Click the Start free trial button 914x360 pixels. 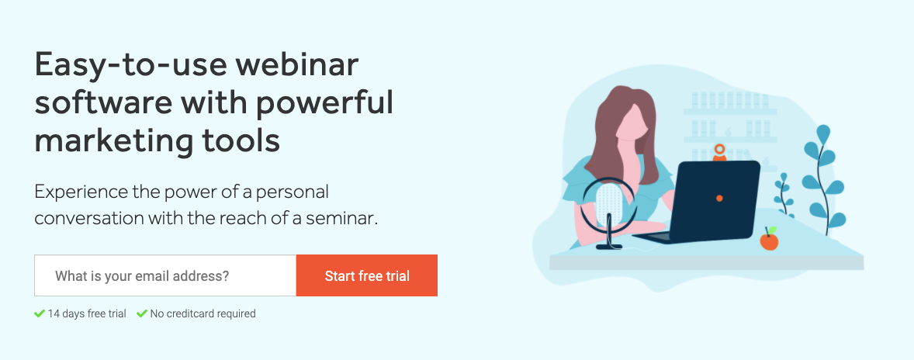[367, 275]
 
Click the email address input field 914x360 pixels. [165, 275]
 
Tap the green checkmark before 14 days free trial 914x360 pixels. [40, 313]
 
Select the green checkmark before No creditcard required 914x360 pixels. [142, 313]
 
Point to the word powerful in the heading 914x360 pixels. [324, 102]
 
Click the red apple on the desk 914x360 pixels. [769, 240]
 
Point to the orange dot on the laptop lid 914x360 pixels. [719, 199]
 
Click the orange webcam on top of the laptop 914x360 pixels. [720, 152]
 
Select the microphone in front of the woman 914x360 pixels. [608, 213]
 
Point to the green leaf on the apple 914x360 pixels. [772, 230]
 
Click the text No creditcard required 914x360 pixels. [203, 313]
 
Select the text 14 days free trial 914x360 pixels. [87, 313]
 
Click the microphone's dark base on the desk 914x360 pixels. [609, 247]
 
